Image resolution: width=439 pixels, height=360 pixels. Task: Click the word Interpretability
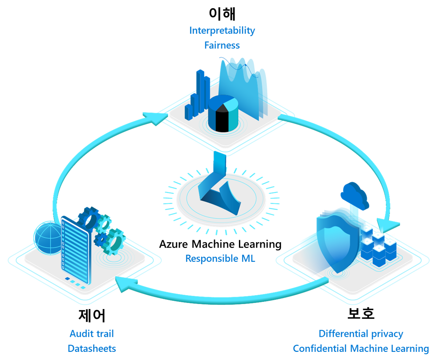coord(222,31)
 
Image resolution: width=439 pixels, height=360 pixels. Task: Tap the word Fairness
coord(222,45)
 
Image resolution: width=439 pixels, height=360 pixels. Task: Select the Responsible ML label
coord(220,258)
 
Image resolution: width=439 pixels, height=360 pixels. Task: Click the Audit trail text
coord(91,334)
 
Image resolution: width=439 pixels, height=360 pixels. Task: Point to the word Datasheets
coord(91,348)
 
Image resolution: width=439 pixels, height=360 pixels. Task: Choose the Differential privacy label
coord(361,334)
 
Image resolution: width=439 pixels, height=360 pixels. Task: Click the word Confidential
coord(320,348)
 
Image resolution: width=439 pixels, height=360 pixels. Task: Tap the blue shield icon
coord(336,241)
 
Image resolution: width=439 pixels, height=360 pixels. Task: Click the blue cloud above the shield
coord(355,195)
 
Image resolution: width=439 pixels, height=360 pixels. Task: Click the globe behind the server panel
coord(48,238)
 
